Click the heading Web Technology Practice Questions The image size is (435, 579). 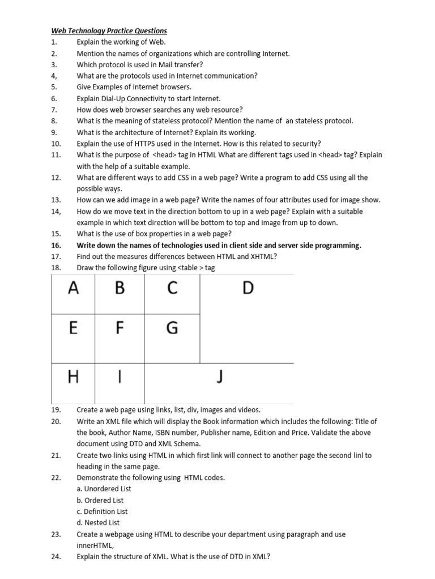[109, 31]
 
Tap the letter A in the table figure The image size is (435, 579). [73, 288]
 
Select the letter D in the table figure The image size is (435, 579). [248, 288]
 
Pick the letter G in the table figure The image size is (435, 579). [172, 328]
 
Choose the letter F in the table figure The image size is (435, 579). [120, 328]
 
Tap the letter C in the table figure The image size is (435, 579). [172, 288]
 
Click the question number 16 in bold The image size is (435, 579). [56, 245]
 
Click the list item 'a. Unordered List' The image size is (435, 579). [104, 489]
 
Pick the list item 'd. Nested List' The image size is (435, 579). [98, 523]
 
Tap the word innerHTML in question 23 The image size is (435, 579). [95, 546]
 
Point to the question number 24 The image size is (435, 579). [56, 556]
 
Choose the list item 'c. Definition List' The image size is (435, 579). [102, 512]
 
